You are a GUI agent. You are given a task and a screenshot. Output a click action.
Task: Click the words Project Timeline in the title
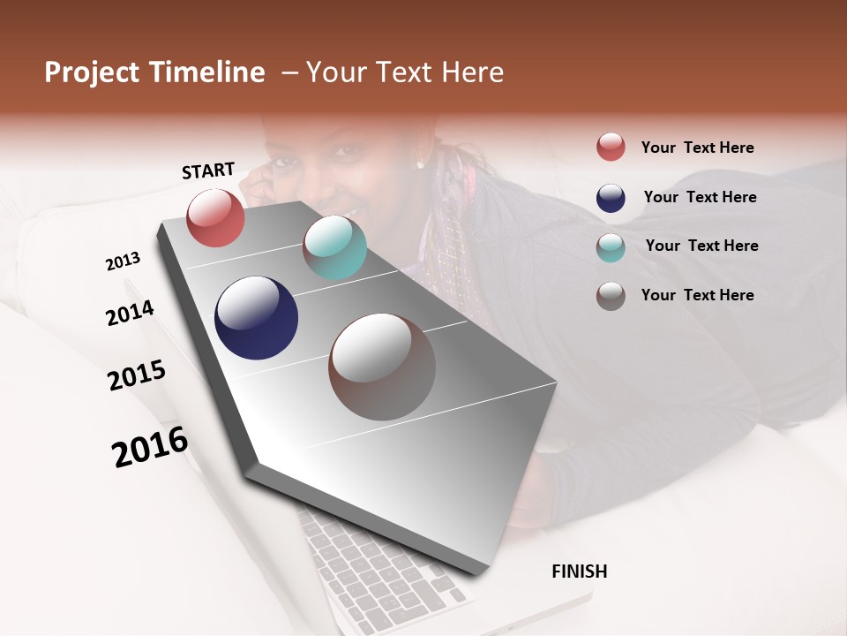coord(154,72)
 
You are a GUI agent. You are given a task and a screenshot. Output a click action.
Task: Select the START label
coord(208,170)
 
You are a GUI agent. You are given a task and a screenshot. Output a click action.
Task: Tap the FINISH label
coord(579,572)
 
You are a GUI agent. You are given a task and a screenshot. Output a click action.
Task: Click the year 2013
coord(123,261)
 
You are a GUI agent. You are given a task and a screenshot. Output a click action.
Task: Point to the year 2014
coord(130,314)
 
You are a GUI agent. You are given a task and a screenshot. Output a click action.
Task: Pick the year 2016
coord(150,446)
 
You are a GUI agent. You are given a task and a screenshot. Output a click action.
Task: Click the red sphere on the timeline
coord(215,217)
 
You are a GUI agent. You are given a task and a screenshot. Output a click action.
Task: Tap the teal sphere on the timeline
coord(334,246)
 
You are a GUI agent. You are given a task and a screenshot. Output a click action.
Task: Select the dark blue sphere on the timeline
coord(256,318)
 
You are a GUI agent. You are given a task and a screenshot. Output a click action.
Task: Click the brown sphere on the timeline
coord(382,367)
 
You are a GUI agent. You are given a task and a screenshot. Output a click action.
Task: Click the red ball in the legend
coord(611,148)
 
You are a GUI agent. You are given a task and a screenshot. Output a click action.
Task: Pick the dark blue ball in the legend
coord(611,198)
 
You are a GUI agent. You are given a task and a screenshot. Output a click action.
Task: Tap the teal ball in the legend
coord(611,246)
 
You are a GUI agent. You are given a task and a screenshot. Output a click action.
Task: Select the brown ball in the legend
coord(611,296)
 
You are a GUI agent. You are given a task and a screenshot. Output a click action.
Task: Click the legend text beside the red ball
coord(697,148)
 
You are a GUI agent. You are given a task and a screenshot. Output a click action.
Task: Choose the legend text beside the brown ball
coord(697,295)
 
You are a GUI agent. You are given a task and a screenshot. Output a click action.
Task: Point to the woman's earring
coord(421,163)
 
